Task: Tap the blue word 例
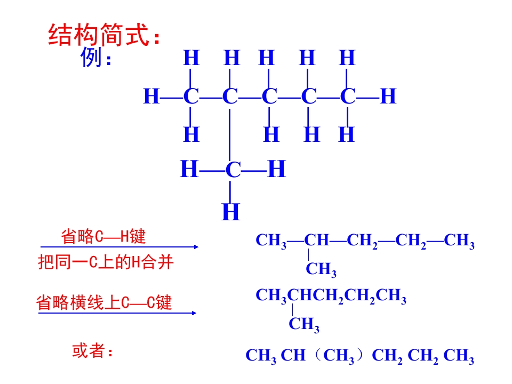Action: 91,57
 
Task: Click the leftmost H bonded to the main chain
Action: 151,97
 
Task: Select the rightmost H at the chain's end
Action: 388,97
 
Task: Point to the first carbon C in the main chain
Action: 191,97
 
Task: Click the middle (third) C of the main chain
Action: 269,97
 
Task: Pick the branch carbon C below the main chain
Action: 233,170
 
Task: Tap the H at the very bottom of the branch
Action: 231,212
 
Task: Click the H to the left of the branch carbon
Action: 189,169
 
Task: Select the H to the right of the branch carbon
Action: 277,169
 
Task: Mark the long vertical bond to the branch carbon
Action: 229,135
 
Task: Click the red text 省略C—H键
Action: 103,236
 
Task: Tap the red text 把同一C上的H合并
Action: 106,262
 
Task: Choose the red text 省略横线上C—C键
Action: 104,302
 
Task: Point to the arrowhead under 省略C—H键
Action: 196,247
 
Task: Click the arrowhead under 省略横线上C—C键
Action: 194,313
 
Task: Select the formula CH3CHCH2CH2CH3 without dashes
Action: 331,296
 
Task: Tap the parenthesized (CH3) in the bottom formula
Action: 339,356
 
